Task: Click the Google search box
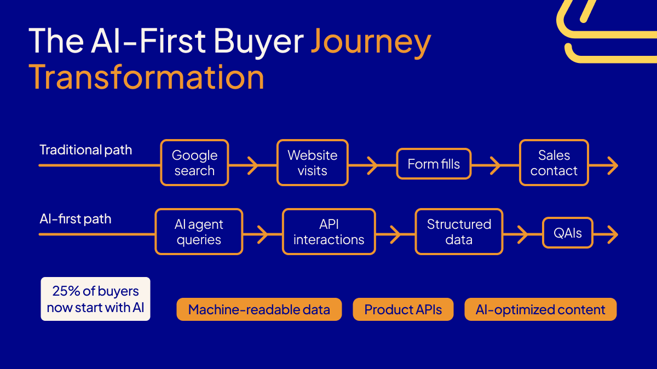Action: point(194,163)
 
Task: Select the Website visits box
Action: point(312,163)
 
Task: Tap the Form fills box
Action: point(434,164)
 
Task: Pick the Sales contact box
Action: point(554,163)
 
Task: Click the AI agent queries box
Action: point(199,232)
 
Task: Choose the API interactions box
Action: point(328,232)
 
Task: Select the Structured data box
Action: point(459,232)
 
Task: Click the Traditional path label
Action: point(85,150)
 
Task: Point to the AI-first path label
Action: point(75,219)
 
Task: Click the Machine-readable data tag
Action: point(259,310)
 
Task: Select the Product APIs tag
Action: point(403,310)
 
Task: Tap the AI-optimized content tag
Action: point(540,310)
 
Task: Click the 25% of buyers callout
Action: point(95,299)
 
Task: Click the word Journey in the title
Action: point(371,42)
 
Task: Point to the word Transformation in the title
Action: point(147,77)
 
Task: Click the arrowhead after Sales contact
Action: point(612,165)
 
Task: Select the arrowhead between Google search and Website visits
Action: point(252,165)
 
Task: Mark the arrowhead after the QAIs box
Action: point(612,234)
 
